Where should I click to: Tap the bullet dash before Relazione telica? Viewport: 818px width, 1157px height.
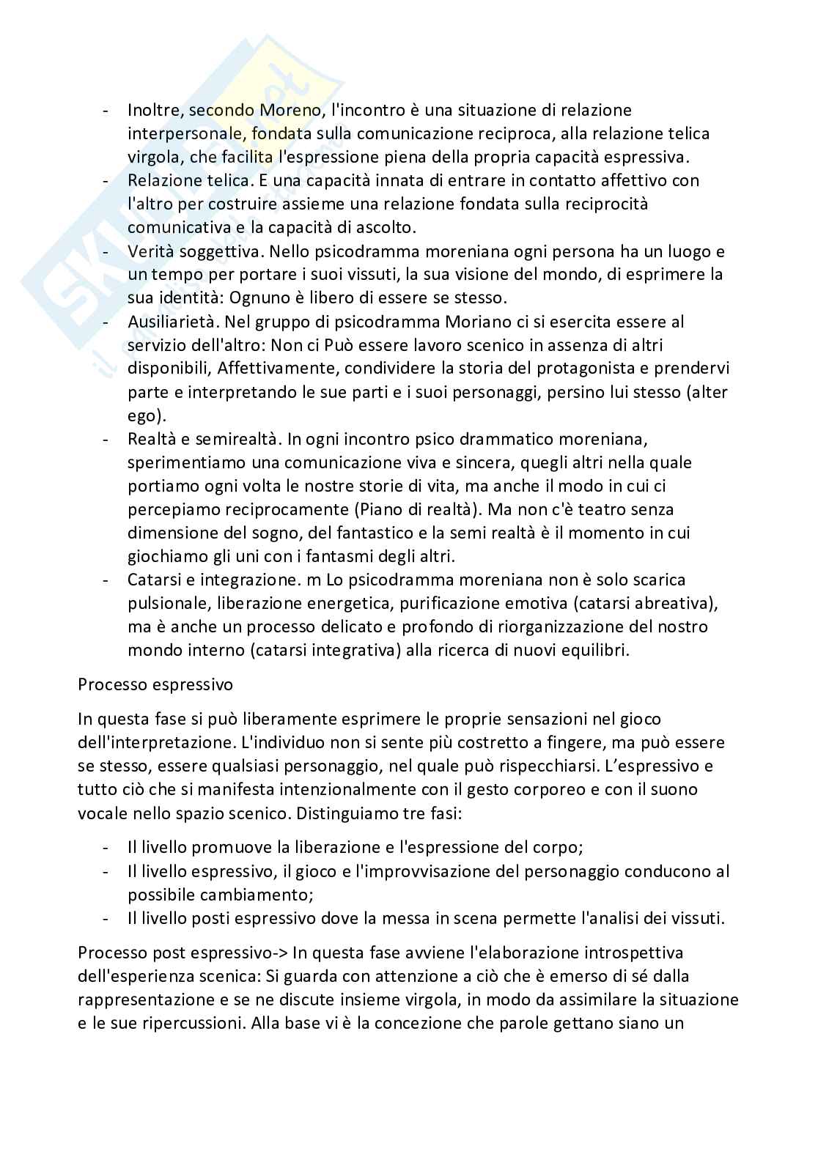[x=107, y=180]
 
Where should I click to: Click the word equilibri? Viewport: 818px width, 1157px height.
[x=594, y=650]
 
